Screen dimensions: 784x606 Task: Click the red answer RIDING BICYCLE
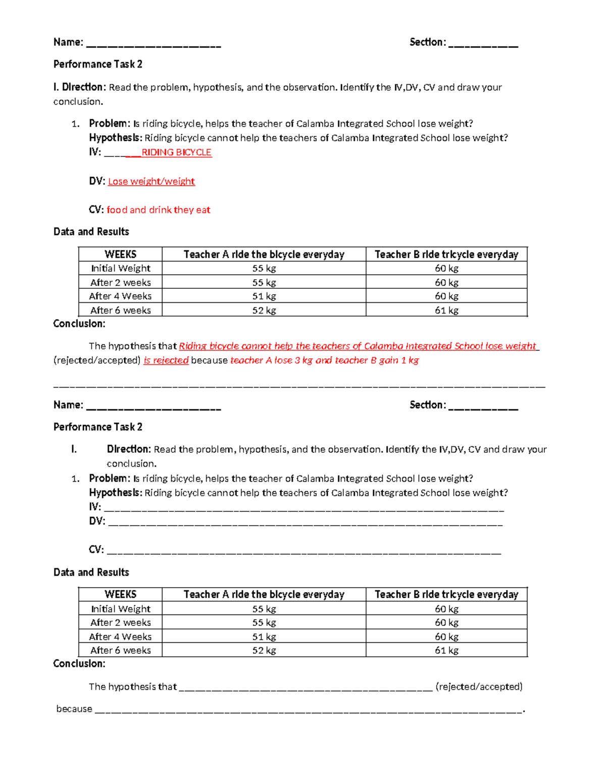pos(176,152)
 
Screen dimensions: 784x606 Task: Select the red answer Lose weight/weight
pos(151,181)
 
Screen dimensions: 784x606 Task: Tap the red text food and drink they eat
pos(158,210)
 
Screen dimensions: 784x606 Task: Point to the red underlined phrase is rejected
pos(166,360)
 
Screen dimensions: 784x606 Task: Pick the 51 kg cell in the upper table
pos(264,296)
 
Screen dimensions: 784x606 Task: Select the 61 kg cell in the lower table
pos(446,650)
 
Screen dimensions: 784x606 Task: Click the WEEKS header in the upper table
pos(120,254)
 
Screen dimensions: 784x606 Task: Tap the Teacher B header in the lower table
pos(446,595)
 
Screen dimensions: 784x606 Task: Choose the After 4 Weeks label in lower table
pos(120,637)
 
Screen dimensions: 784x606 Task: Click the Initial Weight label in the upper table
pos(120,269)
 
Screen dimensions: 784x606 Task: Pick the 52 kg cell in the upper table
pos(264,310)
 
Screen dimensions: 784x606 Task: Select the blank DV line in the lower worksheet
pos(305,522)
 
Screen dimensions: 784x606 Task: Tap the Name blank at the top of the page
pos(154,43)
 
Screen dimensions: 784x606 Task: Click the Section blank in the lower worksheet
pos(483,406)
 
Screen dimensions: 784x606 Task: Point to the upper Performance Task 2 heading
pos(98,64)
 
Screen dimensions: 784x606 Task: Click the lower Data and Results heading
pos(91,572)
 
